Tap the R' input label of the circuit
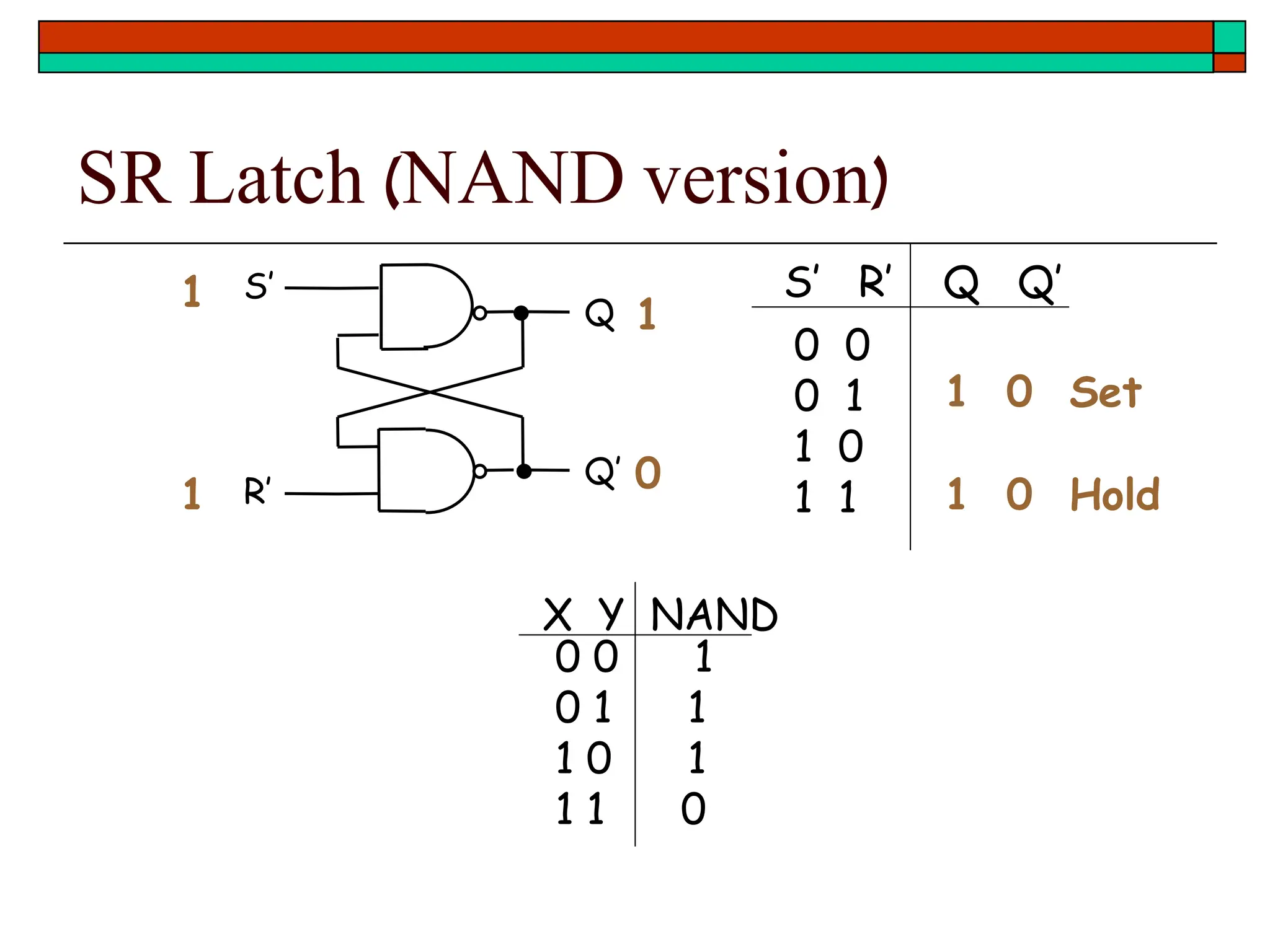tap(257, 491)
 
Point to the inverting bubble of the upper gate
tap(479, 313)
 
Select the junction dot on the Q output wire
tap(522, 313)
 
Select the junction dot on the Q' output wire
tap(524, 471)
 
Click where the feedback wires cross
tap(430, 392)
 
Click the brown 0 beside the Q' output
tap(648, 473)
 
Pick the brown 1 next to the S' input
tap(192, 291)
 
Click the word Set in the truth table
tap(1106, 392)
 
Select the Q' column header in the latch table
tap(1039, 283)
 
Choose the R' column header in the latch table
tap(875, 282)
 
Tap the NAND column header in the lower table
tap(713, 614)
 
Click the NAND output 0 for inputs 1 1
tap(693, 809)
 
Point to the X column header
tap(557, 614)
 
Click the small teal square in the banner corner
tap(1229, 37)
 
